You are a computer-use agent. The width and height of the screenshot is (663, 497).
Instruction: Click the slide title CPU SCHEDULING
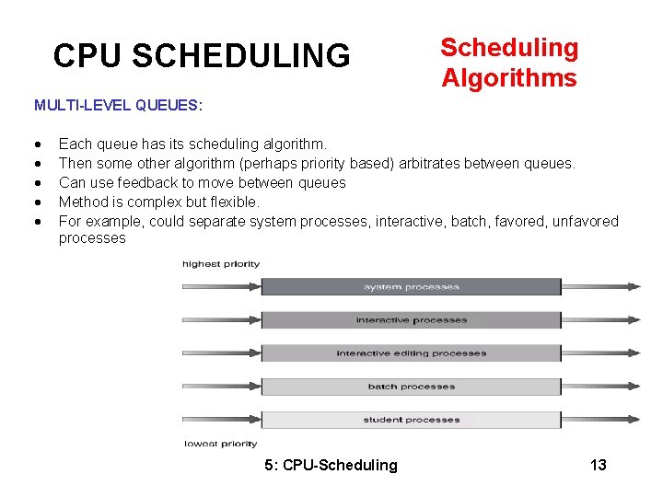point(202,56)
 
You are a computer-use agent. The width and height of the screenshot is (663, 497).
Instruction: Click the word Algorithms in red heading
point(508,78)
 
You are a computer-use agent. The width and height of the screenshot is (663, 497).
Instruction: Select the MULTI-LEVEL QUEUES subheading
point(118,105)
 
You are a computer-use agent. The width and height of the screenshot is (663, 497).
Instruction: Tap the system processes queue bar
point(411,287)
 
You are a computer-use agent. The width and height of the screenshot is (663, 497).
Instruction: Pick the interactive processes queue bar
point(411,320)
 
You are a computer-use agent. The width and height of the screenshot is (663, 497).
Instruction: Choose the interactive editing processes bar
point(411,353)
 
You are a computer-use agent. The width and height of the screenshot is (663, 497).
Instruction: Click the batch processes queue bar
point(411,387)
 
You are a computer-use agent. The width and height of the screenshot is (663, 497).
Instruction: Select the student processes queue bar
point(411,420)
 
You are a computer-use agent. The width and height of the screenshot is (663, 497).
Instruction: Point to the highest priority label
point(221,264)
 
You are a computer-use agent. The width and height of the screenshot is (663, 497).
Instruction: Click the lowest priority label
point(221,444)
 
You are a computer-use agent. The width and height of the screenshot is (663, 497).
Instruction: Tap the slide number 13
point(598,465)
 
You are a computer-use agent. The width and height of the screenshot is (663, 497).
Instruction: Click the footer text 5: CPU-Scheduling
point(331,465)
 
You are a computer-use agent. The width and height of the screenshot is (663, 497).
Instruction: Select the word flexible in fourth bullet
point(235,202)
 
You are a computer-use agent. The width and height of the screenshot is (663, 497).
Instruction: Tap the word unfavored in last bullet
point(585,221)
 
